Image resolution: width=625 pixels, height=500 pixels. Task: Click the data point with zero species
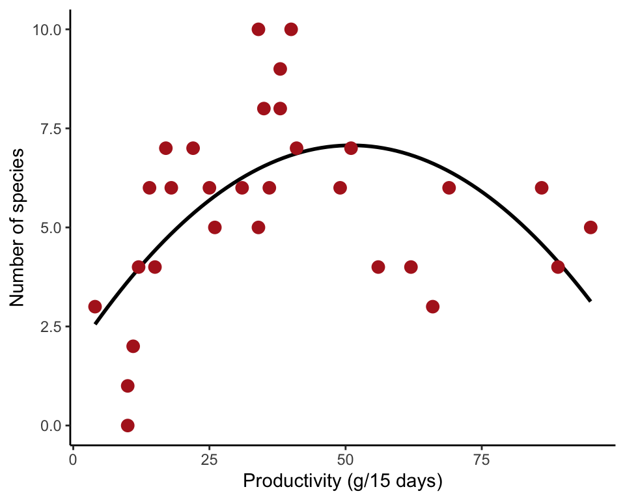[128, 425]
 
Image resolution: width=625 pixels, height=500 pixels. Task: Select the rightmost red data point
[590, 227]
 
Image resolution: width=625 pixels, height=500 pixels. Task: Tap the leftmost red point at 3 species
[95, 307]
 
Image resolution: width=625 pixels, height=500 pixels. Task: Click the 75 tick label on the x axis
[482, 460]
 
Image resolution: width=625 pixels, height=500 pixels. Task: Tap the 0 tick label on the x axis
[73, 460]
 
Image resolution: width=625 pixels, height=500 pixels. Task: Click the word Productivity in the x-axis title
[285, 482]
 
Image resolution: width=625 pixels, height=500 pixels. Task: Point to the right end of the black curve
[590, 301]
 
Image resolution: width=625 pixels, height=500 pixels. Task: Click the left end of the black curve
[95, 324]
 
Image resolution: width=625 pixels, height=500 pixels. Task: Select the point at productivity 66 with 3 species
[432, 307]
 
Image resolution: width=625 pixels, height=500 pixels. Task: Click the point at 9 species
[280, 69]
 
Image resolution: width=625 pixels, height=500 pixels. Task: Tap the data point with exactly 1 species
[128, 385]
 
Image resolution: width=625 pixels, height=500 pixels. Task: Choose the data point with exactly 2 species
[133, 346]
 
